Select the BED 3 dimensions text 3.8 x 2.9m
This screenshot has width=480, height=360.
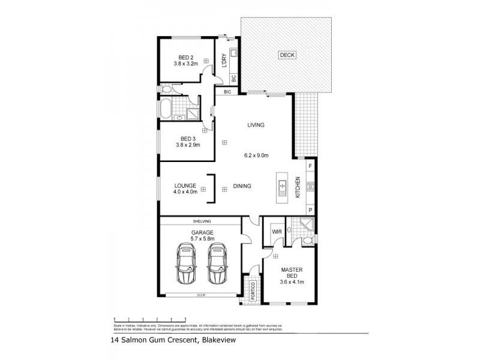187,145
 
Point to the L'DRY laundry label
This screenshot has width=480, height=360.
223,62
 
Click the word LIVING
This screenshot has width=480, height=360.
256,125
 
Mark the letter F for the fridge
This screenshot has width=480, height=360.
310,165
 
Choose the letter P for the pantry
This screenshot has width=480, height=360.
310,209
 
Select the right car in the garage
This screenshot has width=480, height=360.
217,263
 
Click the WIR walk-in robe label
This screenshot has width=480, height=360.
277,231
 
